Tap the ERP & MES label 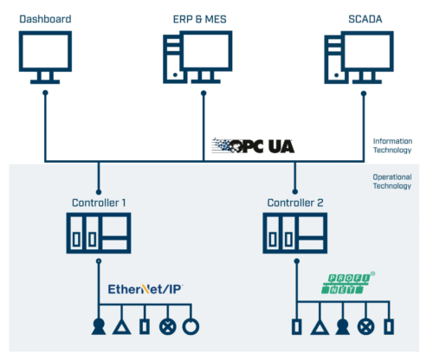pos(199,19)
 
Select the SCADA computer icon pos(359,57)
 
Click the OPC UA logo pos(253,145)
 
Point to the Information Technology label pos(392,145)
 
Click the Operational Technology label pos(392,182)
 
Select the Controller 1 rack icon pos(99,233)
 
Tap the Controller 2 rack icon pos(295,233)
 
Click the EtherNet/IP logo pos(145,289)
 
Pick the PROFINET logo pos(348,283)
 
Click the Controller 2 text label pos(295,202)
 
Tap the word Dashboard pos(45,19)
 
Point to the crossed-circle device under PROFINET pos(366,327)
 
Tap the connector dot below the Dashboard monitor pos(45,93)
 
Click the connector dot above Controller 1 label pos(99,192)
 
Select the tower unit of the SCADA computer pos(333,60)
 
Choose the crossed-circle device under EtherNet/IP pos(168,327)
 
